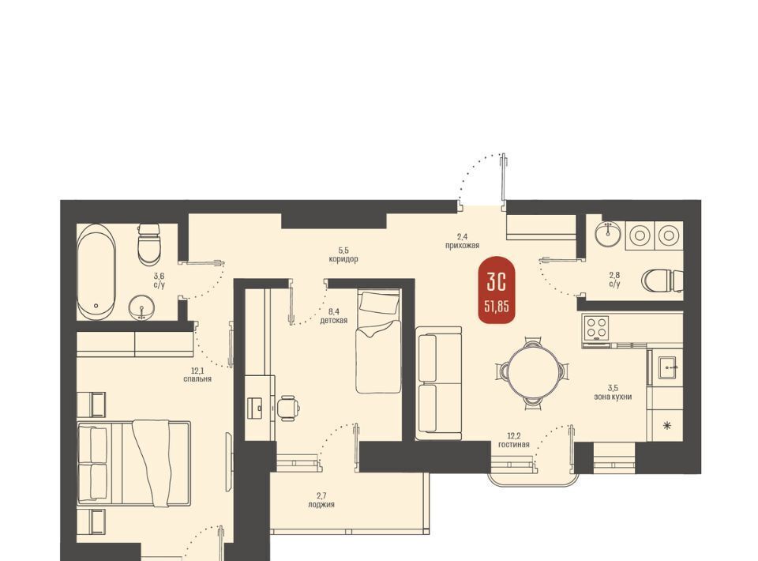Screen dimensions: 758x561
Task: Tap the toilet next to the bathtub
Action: pos(148,244)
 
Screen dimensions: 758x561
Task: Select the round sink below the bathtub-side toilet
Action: pos(141,307)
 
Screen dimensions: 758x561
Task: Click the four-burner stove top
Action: pos(595,327)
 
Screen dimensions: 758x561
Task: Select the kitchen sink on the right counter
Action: pos(669,368)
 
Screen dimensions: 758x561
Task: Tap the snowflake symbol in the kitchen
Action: pos(667,426)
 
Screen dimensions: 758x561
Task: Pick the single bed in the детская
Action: pos(378,341)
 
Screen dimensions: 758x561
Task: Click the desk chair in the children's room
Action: pos(288,407)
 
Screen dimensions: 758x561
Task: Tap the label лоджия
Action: pos(321,505)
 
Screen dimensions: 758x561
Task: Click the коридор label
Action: pos(343,259)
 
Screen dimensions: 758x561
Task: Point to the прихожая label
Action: pos(462,246)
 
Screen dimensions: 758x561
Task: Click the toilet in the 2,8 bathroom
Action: pos(662,280)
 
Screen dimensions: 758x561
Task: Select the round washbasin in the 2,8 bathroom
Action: pos(609,234)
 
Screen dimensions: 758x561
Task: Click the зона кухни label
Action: pos(613,397)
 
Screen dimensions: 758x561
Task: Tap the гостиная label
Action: pos(514,445)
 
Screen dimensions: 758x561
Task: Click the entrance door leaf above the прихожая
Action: pos(503,178)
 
